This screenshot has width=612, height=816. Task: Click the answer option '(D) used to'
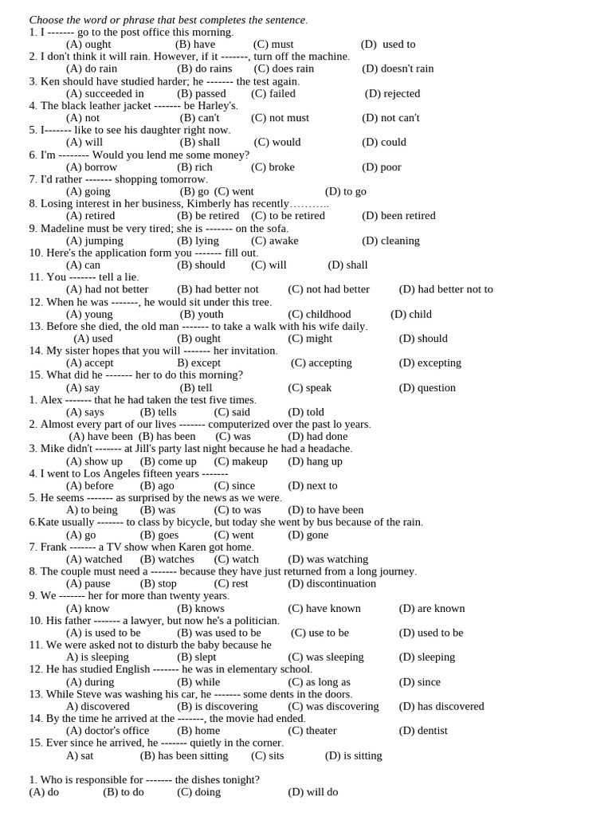388,45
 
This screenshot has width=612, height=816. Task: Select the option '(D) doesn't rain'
398,69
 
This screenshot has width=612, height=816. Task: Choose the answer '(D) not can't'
390,118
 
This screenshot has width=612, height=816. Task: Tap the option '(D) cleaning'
390,241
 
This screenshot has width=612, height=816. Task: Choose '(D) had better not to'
445,289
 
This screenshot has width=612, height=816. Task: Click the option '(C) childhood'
319,314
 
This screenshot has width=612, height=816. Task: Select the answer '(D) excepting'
430,363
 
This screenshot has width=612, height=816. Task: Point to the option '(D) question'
427,388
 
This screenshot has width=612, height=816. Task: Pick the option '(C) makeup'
241,461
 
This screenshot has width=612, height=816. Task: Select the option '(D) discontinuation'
331,583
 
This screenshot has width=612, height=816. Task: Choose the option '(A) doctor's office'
107,731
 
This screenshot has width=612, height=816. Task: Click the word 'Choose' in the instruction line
47,20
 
